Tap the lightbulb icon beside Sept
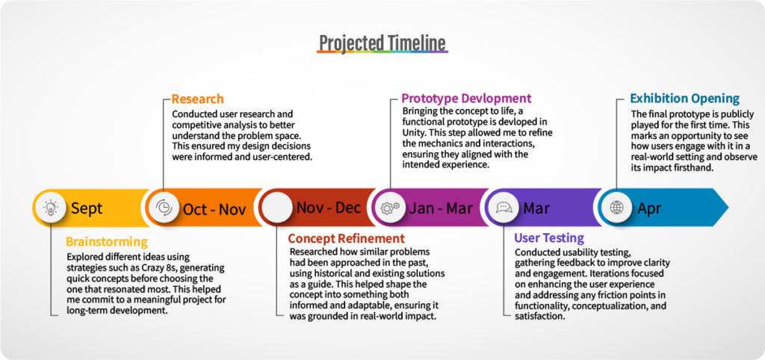pos(50,208)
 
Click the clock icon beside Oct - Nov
pos(164,208)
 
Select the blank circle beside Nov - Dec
pos(277,208)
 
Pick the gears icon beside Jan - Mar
pos(390,208)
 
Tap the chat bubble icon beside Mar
pos(504,208)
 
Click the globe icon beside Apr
pos(616,208)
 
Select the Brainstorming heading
pos(106,241)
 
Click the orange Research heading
pos(197,99)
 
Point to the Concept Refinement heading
pos(347,238)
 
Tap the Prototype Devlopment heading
pos(466,99)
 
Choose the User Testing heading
pos(549,238)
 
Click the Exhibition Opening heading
pos(685,99)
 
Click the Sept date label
pos(87,209)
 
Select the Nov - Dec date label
pos(329,208)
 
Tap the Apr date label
pos(649,209)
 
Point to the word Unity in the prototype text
pos(413,133)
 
